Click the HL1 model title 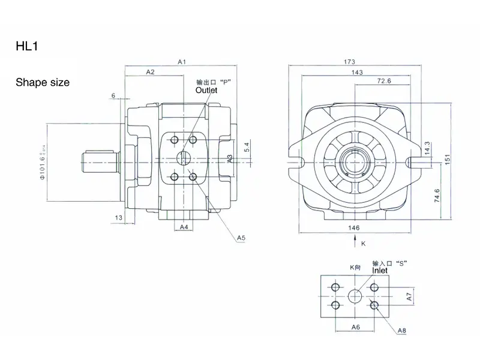(x=28, y=45)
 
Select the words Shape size (x=42, y=82)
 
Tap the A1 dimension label (x=183, y=62)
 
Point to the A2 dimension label (x=151, y=72)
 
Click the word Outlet (x=206, y=90)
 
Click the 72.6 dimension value (x=384, y=81)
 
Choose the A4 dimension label (x=185, y=227)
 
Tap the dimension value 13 (x=118, y=217)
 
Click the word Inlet (x=380, y=271)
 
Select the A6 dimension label (x=355, y=327)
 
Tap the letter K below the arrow (x=363, y=244)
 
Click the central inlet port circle (x=355, y=296)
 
